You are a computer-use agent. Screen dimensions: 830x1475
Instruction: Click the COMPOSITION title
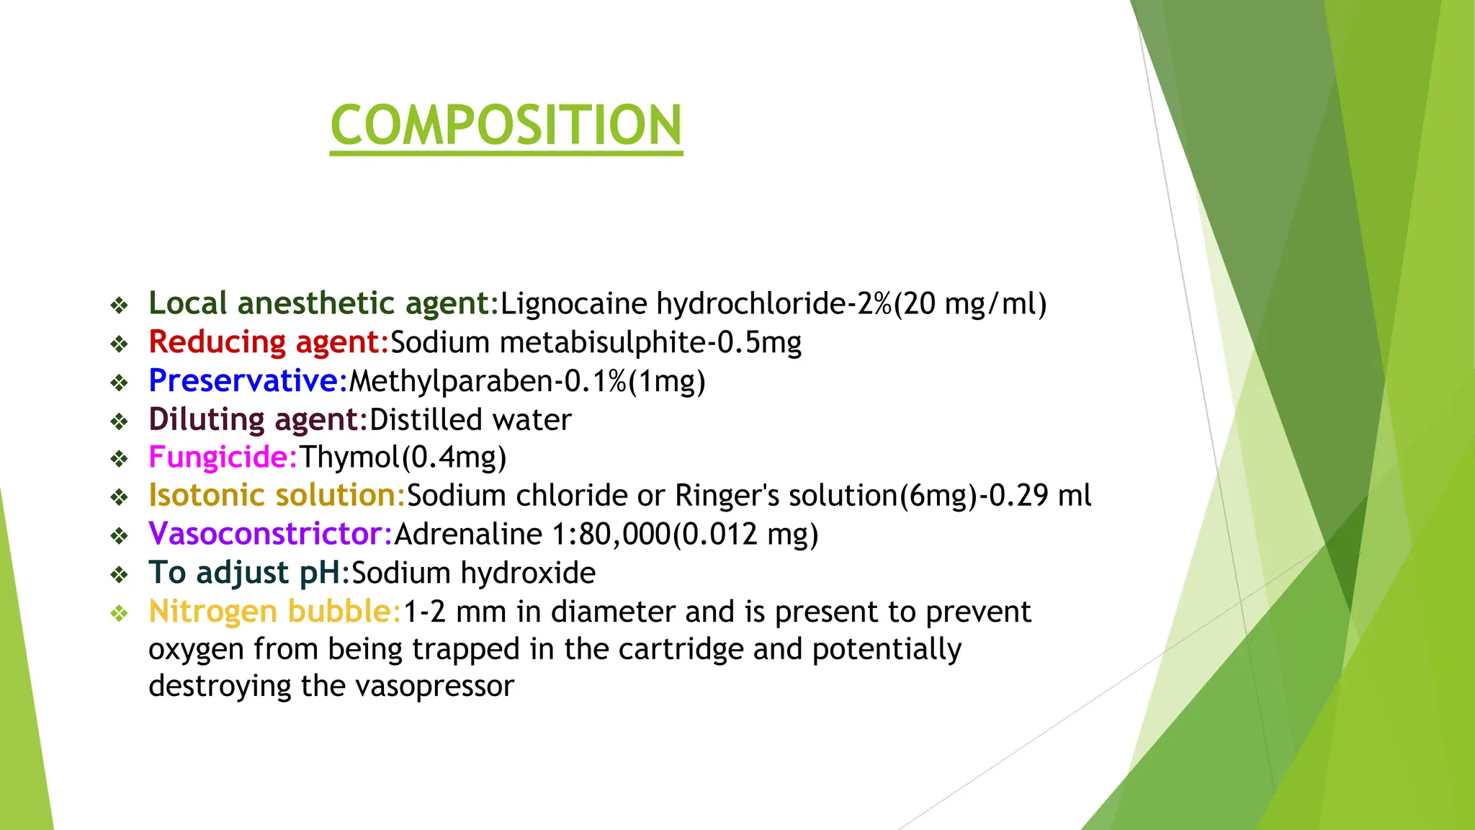tap(506, 125)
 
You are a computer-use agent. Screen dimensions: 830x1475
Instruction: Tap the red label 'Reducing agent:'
tap(269, 342)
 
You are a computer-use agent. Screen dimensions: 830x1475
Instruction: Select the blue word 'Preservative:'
tap(248, 381)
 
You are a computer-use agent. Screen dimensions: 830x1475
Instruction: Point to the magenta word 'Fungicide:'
tap(223, 458)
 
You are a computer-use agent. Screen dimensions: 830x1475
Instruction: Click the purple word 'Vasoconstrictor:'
tap(270, 535)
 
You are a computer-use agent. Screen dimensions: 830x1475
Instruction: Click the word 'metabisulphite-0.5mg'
tap(650, 342)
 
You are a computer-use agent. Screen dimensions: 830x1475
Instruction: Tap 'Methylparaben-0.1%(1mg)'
tap(526, 381)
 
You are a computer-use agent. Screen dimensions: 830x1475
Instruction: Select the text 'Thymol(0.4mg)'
tap(403, 458)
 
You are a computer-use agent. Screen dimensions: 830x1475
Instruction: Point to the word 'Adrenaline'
tap(468, 535)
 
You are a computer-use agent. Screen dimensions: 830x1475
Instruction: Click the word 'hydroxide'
tap(528, 574)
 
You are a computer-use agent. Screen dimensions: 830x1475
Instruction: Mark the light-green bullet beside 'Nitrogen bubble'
tap(119, 613)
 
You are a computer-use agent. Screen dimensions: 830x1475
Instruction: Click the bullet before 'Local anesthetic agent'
tap(119, 305)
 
